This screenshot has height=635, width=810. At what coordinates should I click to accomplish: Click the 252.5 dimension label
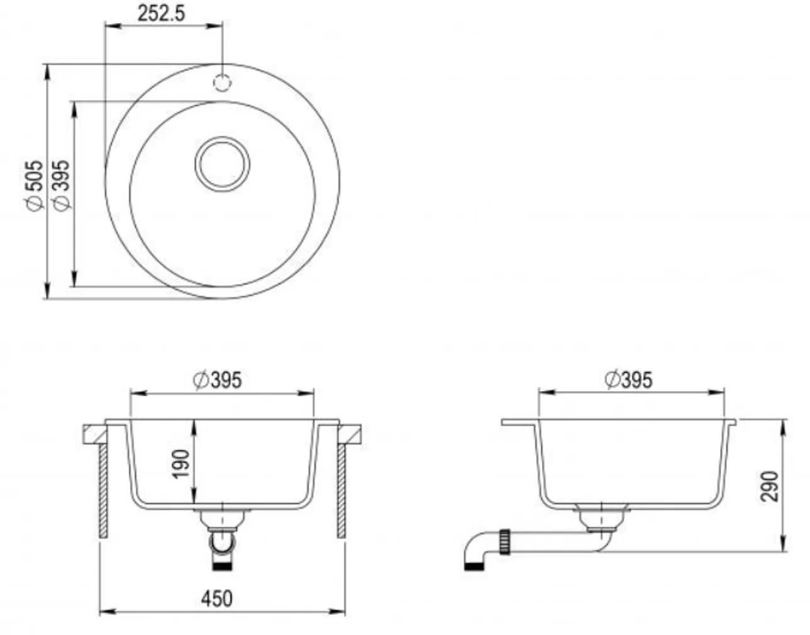pos(161,13)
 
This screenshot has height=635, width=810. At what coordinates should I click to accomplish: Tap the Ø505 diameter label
pos(35,185)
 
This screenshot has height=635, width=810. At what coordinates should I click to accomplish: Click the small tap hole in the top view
pos(222,82)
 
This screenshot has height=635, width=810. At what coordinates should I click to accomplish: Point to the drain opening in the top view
pos(223,164)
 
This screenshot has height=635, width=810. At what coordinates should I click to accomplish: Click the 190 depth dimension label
pos(181,464)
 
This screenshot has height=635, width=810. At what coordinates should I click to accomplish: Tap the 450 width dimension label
pos(216,599)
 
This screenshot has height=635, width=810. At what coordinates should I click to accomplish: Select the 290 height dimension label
pos(769,487)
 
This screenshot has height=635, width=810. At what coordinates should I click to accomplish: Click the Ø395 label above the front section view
pos(218,380)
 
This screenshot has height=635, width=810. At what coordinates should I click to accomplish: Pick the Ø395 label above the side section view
pos(628,380)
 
